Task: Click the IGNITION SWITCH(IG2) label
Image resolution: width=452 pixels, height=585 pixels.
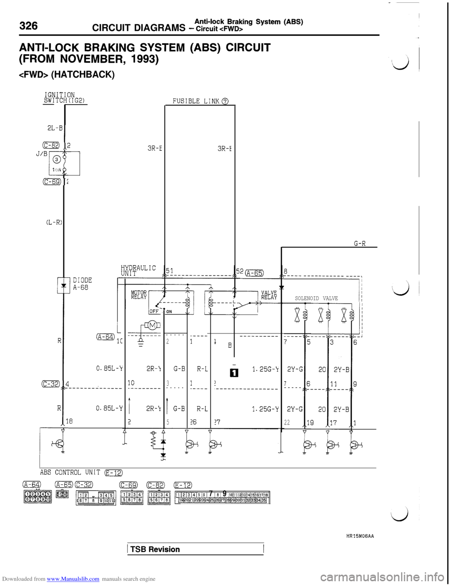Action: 64,97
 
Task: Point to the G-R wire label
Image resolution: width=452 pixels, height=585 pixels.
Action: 360,244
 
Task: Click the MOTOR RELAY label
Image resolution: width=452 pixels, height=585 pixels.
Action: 139,295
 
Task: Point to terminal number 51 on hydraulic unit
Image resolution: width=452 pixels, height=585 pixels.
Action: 169,270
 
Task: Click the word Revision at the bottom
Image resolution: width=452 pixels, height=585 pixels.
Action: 164,550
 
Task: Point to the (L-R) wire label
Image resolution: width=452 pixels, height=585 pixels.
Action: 55,222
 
